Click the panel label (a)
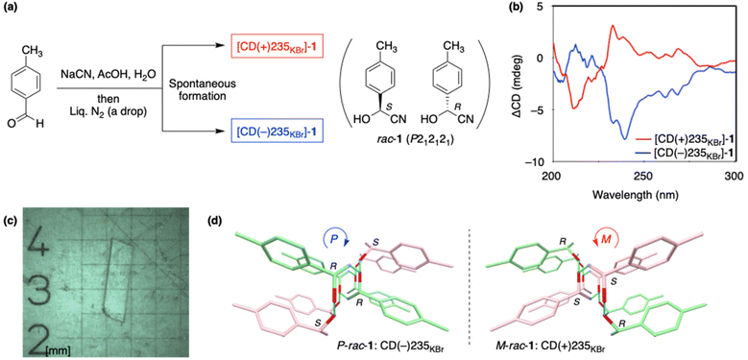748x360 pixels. click(x=11, y=9)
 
